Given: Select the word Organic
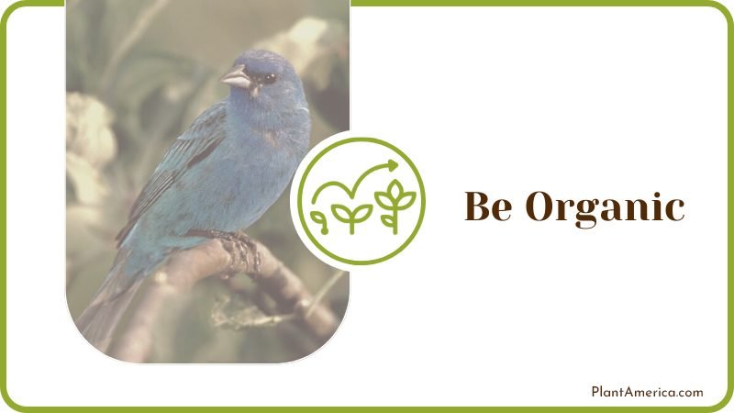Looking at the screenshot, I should tap(605, 208).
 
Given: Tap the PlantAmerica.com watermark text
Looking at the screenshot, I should tap(647, 392).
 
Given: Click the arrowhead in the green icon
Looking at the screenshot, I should tap(393, 166).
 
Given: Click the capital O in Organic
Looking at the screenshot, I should tap(539, 206).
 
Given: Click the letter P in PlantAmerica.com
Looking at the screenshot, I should tap(595, 392).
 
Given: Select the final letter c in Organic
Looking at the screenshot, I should tap(674, 210).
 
